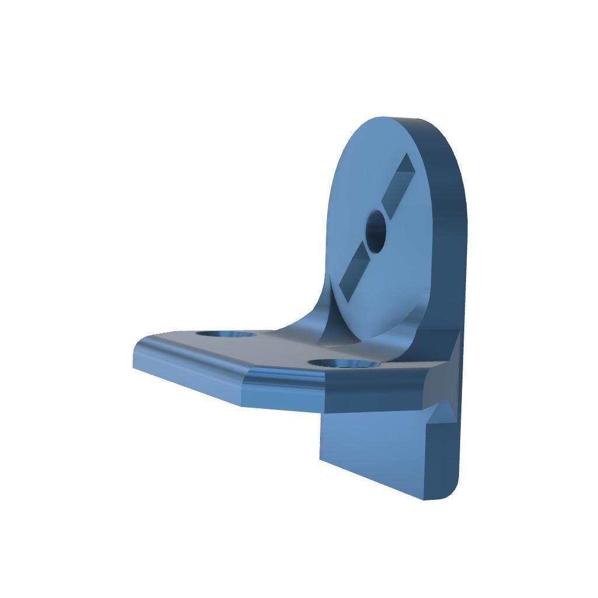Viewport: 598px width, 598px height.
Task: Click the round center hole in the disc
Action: pos(376,231)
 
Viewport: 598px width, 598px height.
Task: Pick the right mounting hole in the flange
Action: pos(342,364)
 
